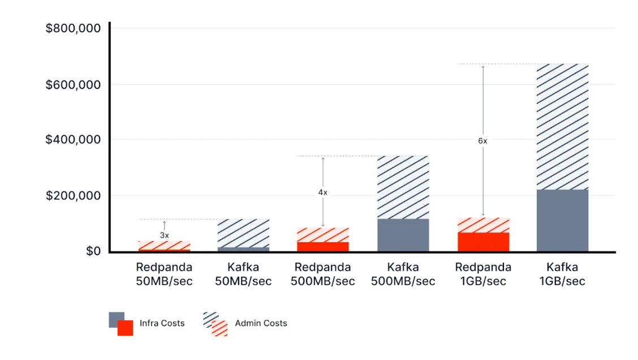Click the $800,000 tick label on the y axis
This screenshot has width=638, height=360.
(x=73, y=28)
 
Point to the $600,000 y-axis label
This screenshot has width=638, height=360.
(x=73, y=85)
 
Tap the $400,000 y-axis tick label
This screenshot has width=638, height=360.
(x=73, y=140)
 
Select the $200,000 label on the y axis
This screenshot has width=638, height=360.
(x=73, y=196)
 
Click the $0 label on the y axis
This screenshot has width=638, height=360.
(x=93, y=251)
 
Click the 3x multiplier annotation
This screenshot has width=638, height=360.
(x=164, y=234)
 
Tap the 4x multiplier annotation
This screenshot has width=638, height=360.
(x=322, y=192)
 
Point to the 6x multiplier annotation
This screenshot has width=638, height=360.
(x=482, y=141)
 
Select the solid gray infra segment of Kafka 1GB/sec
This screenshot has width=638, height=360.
(x=562, y=220)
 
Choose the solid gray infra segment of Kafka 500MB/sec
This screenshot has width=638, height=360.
(x=403, y=235)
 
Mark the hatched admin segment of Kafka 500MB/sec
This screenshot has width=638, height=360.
(x=403, y=187)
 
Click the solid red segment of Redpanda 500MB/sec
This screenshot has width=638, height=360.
(x=323, y=246)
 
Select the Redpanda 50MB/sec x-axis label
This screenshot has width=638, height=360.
(x=164, y=274)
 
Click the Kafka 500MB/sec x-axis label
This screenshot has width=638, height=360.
(x=403, y=274)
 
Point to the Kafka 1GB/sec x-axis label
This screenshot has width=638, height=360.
(x=562, y=274)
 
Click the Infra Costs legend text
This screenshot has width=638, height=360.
(x=162, y=323)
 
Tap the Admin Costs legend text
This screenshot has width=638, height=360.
(x=261, y=323)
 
